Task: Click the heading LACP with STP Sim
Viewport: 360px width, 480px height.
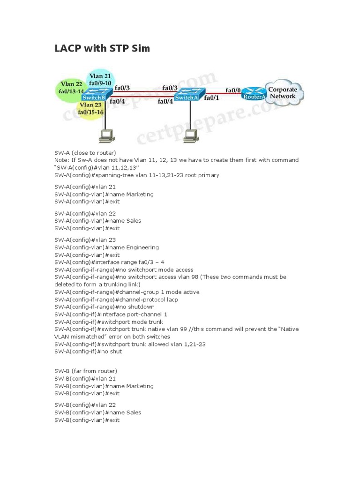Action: tap(102, 48)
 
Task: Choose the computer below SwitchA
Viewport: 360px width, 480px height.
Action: tap(190, 135)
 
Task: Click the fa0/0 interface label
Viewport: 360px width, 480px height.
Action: tap(233, 90)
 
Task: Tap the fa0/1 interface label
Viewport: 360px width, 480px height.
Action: tap(212, 98)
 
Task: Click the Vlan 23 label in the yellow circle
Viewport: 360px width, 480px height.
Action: tap(91, 105)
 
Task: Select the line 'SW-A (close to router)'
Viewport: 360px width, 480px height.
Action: tap(85, 152)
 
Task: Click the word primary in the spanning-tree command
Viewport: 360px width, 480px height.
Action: tap(208, 175)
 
